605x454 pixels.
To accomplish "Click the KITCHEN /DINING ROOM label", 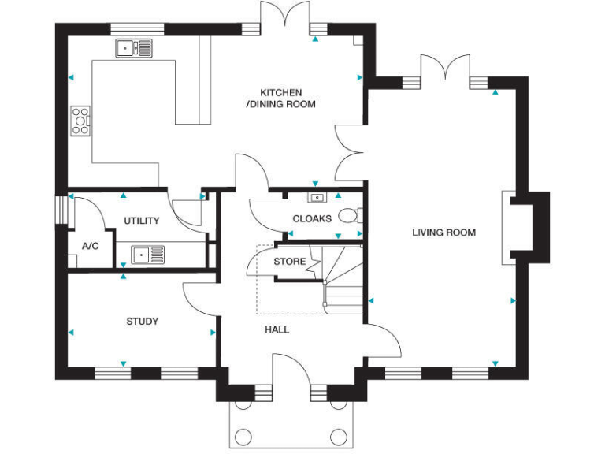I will [x=281, y=99].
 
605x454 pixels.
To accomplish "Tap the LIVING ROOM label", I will [x=444, y=233].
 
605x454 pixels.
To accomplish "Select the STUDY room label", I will [x=143, y=322].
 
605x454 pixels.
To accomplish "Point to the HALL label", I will [x=277, y=329].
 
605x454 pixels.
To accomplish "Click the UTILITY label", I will [x=142, y=221].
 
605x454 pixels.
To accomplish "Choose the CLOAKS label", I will [x=312, y=218].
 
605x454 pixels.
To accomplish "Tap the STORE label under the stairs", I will [x=289, y=262].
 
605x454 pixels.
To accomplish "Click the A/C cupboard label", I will [x=90, y=246].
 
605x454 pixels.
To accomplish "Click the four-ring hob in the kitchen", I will [x=81, y=121].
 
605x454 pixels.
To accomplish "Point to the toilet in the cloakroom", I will [x=350, y=214].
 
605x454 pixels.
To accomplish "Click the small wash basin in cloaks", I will [x=317, y=197].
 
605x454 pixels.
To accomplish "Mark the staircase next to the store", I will [x=343, y=280].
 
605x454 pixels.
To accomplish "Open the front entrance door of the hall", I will [x=291, y=370].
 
